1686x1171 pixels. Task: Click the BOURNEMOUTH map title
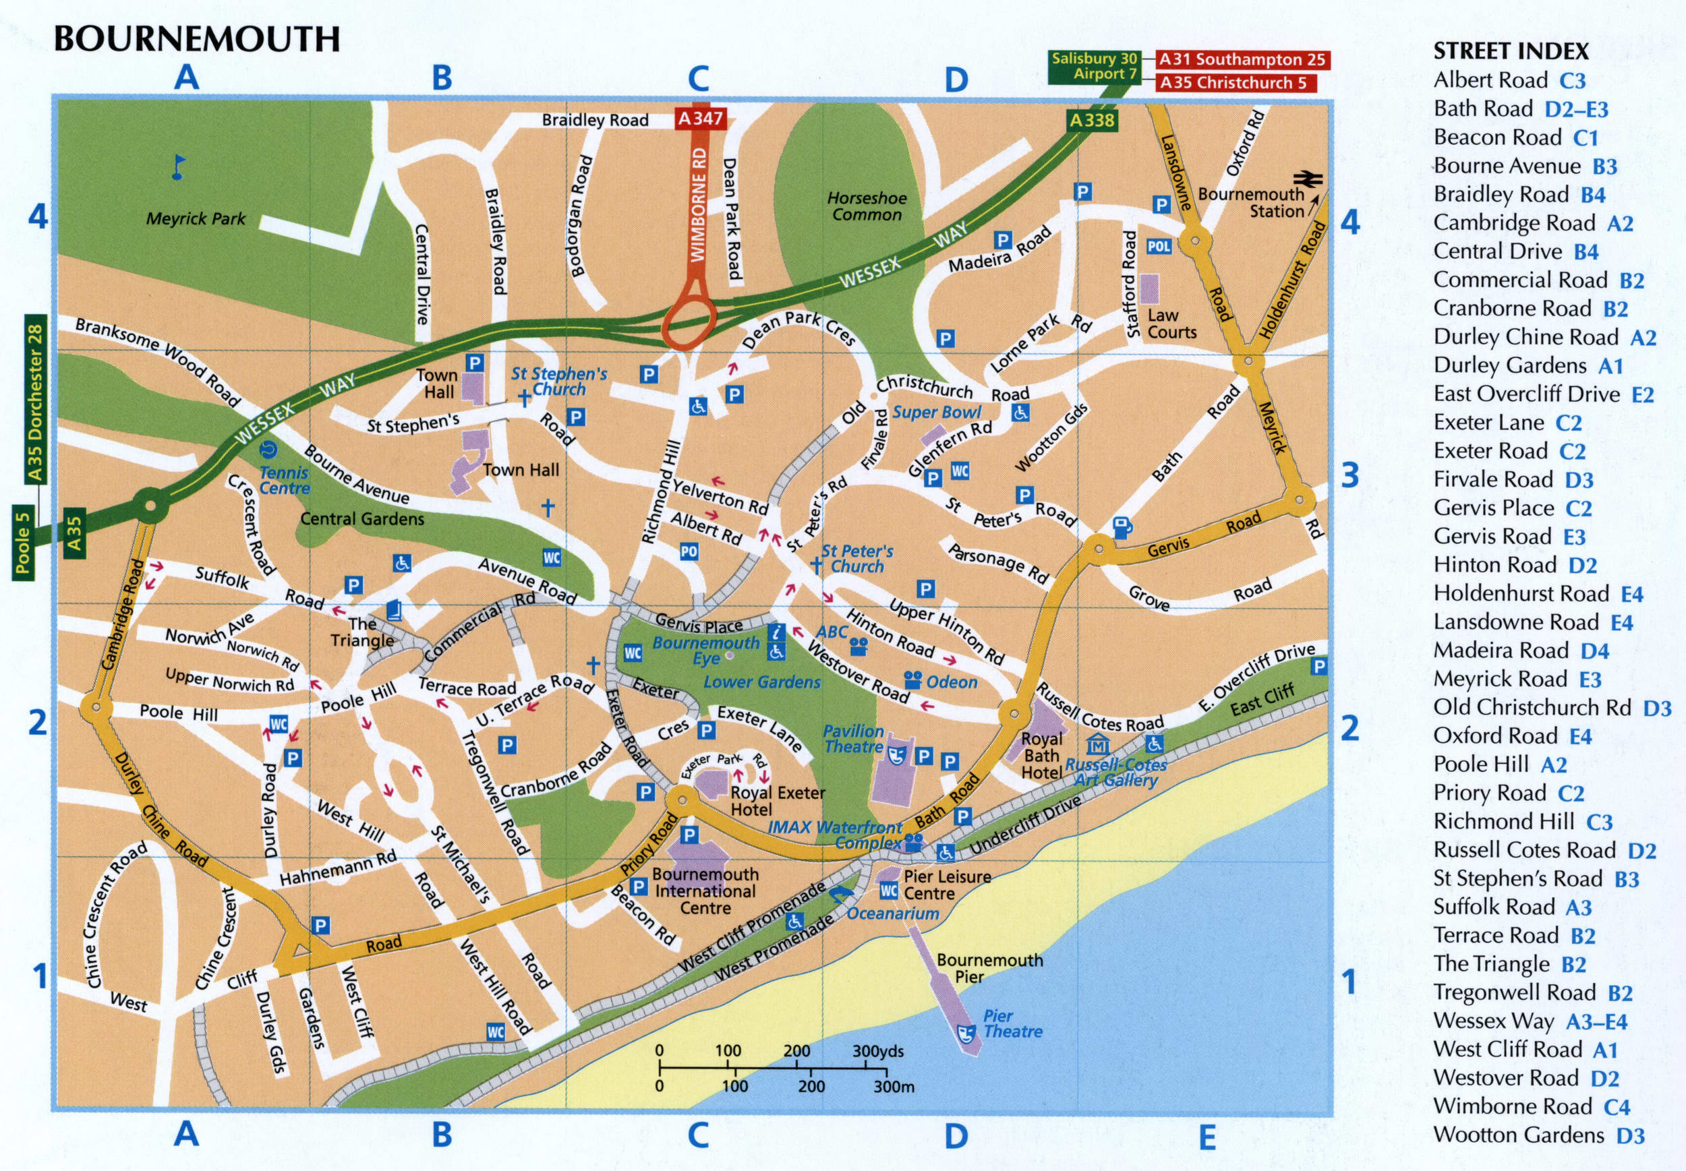click(x=197, y=38)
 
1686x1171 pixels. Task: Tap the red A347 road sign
click(x=700, y=118)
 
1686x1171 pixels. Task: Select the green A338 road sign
click(x=1091, y=120)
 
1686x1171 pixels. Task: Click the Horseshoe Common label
click(x=866, y=206)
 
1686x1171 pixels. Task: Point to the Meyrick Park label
click(x=196, y=218)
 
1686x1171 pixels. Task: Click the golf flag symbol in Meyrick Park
click(x=177, y=167)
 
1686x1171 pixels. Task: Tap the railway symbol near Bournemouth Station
click(x=1307, y=178)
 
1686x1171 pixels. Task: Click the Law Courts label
click(x=1171, y=324)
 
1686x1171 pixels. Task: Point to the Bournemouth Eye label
click(x=705, y=650)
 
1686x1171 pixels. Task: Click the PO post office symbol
click(x=689, y=551)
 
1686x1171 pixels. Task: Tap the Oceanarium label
click(x=892, y=913)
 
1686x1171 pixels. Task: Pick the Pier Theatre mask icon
click(x=966, y=1033)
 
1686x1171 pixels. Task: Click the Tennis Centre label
click(x=284, y=481)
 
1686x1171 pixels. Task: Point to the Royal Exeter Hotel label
click(x=777, y=800)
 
